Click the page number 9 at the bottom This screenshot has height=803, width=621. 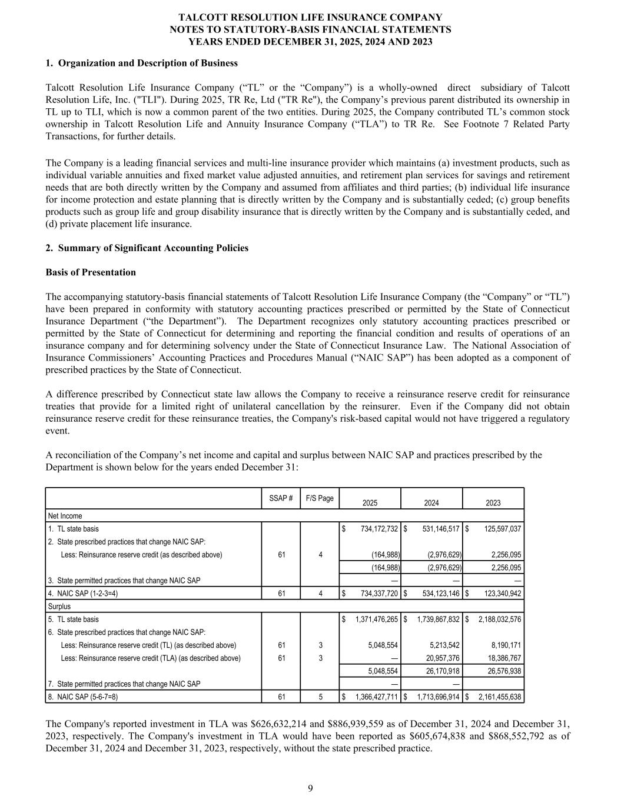tap(310, 788)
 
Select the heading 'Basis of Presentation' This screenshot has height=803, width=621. tap(90, 272)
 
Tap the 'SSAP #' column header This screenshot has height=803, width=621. tap(281, 498)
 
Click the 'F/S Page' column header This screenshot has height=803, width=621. tap(320, 498)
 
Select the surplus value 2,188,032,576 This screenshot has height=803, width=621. tap(497, 619)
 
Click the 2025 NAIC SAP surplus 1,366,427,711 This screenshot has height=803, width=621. tap(374, 697)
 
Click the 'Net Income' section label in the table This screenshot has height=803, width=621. tap(65, 516)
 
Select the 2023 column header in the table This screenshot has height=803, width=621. tap(493, 503)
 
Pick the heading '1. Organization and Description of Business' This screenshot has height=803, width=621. tap(141, 63)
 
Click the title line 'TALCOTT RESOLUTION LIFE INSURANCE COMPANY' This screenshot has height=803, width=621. tap(310, 17)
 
